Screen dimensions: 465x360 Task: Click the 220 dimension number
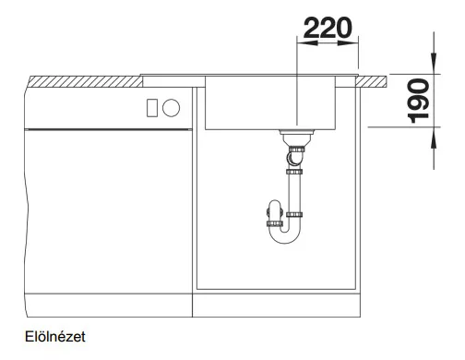pos(328,28)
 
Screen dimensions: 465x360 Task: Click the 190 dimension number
pos(418,101)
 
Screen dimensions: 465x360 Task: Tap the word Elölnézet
pos(55,337)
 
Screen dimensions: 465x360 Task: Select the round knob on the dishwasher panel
pos(171,108)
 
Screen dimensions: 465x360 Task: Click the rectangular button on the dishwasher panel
pos(152,108)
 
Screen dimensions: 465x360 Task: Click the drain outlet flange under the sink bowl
pos(297,132)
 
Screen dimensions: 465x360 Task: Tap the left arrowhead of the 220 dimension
pos(307,42)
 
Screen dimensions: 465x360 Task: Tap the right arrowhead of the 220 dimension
pos(348,42)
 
